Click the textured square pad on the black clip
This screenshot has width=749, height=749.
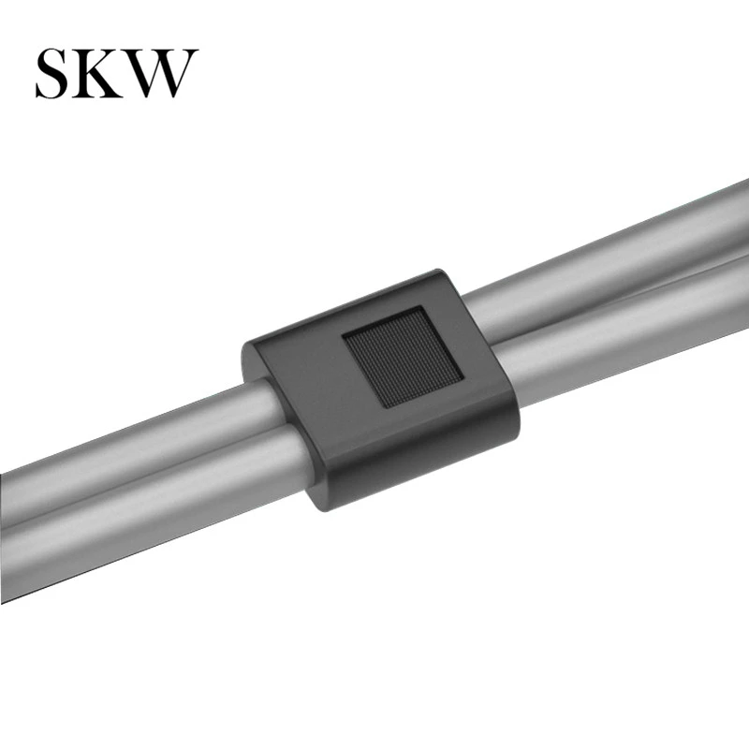point(403,357)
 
